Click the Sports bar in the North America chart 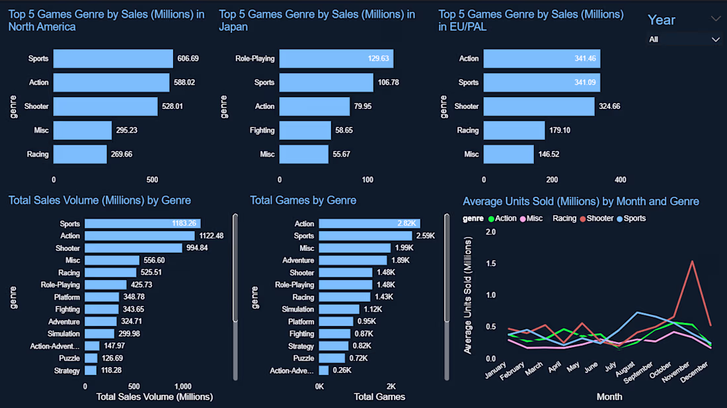[x=113, y=59]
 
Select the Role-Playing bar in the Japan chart [x=336, y=59]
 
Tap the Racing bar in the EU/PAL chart [x=514, y=130]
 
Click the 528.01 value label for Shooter [x=172, y=106]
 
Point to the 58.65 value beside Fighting [x=344, y=131]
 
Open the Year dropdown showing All [x=684, y=40]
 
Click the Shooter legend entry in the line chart [x=596, y=219]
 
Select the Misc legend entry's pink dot [x=523, y=219]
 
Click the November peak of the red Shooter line [x=692, y=261]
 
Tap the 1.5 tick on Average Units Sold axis [x=490, y=263]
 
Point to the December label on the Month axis [x=695, y=372]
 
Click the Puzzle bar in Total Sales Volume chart [x=91, y=358]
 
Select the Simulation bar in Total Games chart [x=339, y=310]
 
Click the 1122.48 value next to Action [x=211, y=236]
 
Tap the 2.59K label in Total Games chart [x=426, y=236]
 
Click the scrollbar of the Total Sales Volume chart [x=235, y=268]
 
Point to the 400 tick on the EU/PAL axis [x=621, y=180]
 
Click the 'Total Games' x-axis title [x=379, y=397]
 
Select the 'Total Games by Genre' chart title [x=303, y=201]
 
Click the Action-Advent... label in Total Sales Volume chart [x=55, y=346]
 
